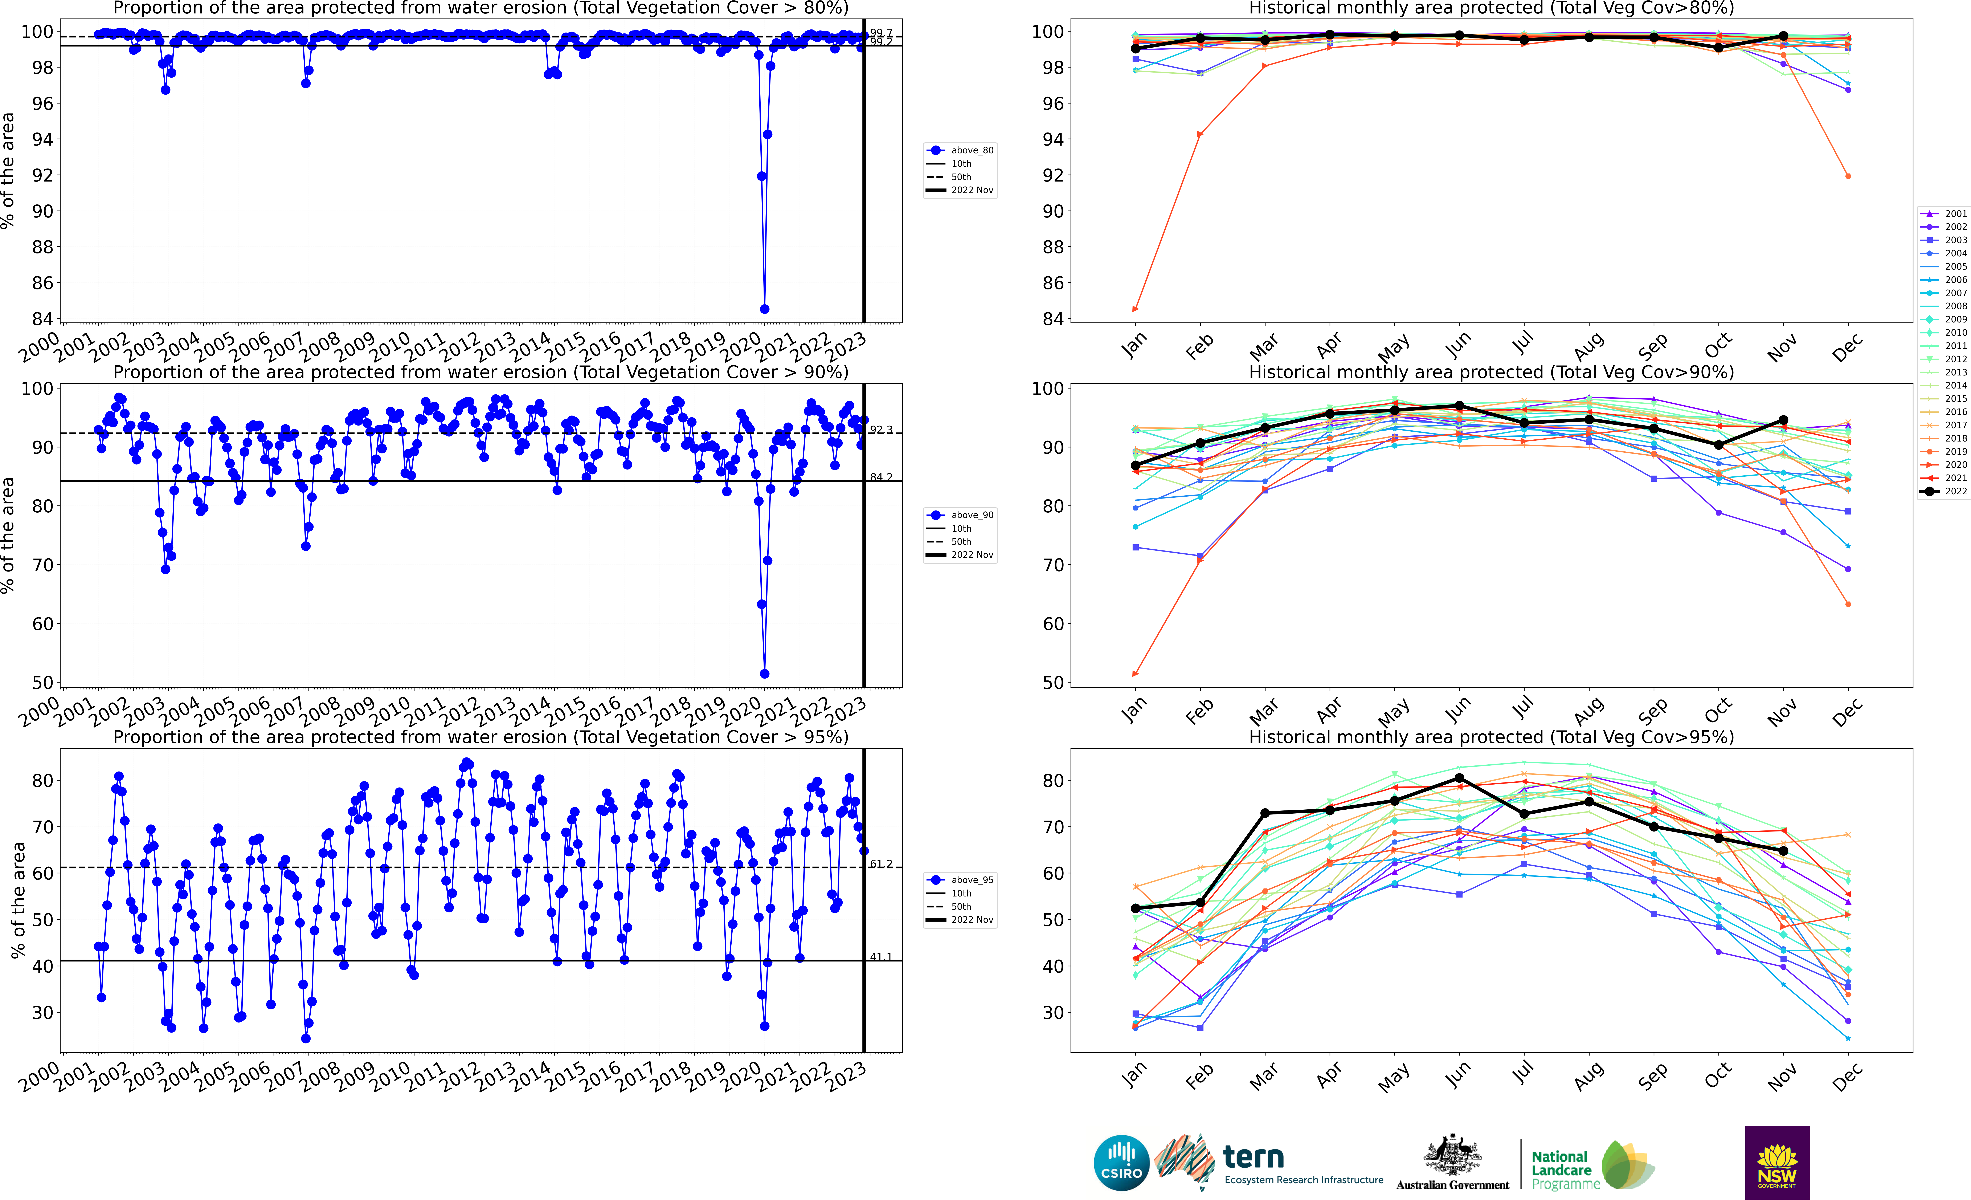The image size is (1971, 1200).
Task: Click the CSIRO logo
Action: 1121,1162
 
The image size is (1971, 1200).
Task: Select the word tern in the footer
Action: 1254,1157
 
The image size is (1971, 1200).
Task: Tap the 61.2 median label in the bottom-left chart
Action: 881,864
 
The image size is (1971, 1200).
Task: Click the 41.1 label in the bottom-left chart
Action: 881,957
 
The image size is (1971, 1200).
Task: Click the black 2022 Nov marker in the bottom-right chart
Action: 1783,851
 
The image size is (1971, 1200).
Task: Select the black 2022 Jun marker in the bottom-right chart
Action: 1459,778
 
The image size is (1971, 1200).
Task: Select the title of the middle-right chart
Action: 1491,372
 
